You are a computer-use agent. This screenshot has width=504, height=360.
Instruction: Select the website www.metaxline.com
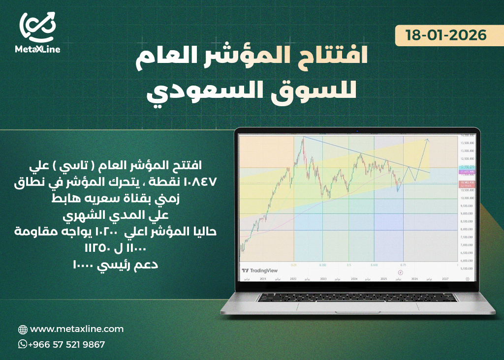click(x=77, y=329)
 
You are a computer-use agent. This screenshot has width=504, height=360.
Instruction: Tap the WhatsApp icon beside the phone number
click(x=22, y=344)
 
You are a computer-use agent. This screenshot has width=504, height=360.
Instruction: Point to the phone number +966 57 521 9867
click(x=66, y=344)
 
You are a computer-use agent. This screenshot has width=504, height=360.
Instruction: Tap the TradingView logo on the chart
click(x=260, y=270)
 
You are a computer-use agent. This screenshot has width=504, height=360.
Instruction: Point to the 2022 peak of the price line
click(x=303, y=138)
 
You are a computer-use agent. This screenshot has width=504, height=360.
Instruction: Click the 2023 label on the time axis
click(x=323, y=278)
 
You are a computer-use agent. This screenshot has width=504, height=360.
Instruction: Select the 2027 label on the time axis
click(x=445, y=278)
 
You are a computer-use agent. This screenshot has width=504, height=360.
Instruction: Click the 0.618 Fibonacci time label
click(x=375, y=265)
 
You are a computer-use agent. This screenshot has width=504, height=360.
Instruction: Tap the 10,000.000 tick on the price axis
click(x=467, y=198)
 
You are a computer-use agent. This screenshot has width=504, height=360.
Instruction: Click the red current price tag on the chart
click(x=466, y=182)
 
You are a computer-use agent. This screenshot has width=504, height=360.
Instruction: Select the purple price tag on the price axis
click(x=466, y=172)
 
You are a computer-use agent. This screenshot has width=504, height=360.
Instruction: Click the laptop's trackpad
click(x=357, y=307)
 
